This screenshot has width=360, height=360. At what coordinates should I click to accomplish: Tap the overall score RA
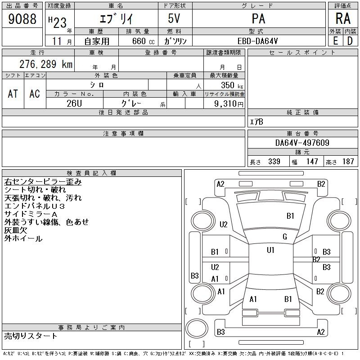pyautogui.click(x=343, y=19)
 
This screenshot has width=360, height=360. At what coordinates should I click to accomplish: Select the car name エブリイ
pyautogui.click(x=116, y=19)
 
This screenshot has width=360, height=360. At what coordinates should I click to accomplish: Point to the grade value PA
pyautogui.click(x=258, y=19)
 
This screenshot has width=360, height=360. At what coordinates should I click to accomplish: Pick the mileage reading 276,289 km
pyautogui.click(x=46, y=64)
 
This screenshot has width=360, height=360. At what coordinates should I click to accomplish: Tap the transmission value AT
pyautogui.click(x=13, y=94)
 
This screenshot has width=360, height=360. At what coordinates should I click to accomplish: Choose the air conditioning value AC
pyautogui.click(x=35, y=94)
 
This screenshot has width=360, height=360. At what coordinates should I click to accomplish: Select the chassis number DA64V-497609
pyautogui.click(x=302, y=143)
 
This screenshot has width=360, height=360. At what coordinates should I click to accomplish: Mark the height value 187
pyautogui.click(x=348, y=162)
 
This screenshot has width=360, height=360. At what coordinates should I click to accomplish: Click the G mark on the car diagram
pyautogui.click(x=284, y=237)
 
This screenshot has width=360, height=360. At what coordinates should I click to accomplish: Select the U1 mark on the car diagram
pyautogui.click(x=270, y=250)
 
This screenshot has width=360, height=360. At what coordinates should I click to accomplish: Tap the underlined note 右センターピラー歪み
pyautogui.click(x=43, y=182)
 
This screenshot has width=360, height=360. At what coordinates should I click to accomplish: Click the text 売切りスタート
pyautogui.click(x=31, y=336)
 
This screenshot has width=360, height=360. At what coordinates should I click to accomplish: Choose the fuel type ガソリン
pyautogui.click(x=175, y=41)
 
